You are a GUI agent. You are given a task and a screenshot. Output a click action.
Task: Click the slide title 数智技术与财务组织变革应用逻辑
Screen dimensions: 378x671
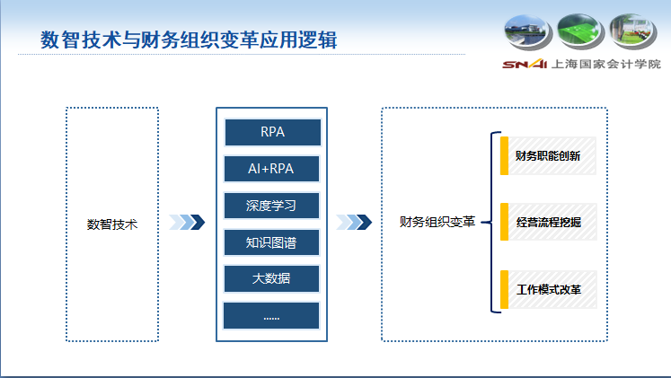(189, 40)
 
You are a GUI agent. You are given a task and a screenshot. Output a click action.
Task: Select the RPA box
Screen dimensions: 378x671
(271, 132)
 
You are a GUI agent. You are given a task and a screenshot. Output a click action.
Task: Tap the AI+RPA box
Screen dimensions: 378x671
(271, 169)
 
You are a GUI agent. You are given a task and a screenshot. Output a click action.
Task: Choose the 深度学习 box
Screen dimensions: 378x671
(271, 206)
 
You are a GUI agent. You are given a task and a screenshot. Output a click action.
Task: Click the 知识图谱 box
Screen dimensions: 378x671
(271, 242)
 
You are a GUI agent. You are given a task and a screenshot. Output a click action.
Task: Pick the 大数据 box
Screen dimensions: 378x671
(271, 278)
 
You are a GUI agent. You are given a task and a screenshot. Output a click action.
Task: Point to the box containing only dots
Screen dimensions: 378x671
(271, 315)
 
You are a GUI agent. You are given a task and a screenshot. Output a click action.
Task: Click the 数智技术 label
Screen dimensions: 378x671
(112, 224)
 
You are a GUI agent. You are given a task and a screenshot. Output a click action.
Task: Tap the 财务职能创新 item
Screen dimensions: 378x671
(548, 155)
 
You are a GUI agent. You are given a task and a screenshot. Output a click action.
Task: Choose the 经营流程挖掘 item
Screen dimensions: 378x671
(548, 222)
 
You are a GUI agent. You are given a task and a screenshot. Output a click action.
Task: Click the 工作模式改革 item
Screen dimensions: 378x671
(548, 291)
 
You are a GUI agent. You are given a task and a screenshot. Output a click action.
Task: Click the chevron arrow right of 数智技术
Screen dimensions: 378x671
(187, 222)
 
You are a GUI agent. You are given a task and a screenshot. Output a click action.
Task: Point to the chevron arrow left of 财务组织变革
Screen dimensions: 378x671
(353, 222)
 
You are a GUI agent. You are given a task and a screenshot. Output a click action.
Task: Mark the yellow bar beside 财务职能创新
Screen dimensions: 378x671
(505, 155)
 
